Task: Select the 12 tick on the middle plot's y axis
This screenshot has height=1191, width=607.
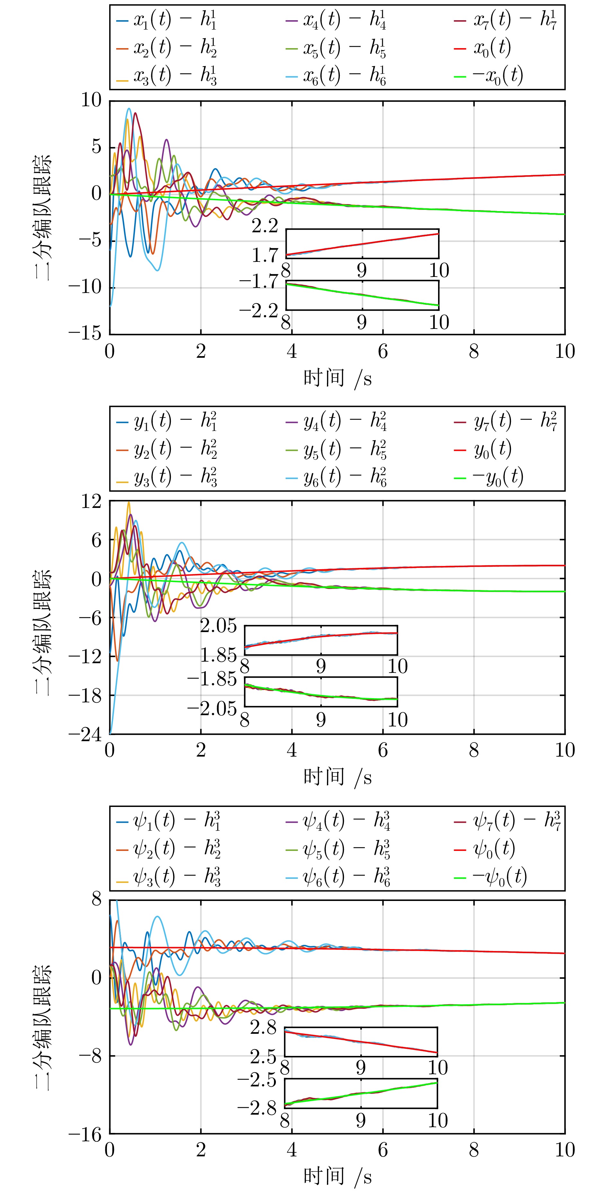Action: point(91,501)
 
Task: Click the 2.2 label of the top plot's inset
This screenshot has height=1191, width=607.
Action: point(265,226)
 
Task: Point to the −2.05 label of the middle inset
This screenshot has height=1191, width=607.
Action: point(212,708)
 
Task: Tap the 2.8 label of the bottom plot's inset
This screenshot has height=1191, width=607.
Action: point(263,1027)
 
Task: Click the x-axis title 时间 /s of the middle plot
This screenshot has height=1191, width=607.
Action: point(337,777)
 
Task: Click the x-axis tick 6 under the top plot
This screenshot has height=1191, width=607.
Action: point(383,351)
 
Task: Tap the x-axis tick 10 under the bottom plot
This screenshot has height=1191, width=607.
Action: point(564,1150)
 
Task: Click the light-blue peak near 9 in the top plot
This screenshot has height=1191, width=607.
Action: point(129,109)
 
